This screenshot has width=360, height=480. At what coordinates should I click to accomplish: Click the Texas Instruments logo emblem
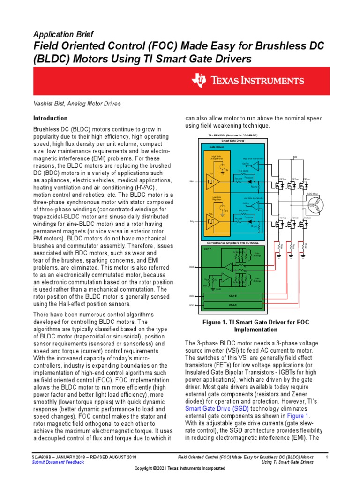[x=198, y=80]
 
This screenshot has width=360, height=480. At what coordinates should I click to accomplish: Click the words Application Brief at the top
[x=63, y=35]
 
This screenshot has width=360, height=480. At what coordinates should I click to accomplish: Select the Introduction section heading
[x=50, y=118]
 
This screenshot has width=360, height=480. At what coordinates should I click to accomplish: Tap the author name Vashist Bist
[x=49, y=104]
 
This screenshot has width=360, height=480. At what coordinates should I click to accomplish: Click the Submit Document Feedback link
[x=58, y=462]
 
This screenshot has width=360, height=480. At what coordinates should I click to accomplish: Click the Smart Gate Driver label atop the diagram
[x=232, y=141]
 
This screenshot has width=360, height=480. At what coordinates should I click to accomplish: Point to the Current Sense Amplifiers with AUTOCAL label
[x=232, y=243]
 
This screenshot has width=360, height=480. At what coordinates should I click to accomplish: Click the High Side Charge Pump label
[x=216, y=158]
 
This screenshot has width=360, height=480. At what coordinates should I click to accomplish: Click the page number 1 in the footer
[x=326, y=457]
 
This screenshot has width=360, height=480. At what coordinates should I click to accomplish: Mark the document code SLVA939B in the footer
[x=41, y=457]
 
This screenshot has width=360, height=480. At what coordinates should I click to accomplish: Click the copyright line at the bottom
[x=180, y=468]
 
